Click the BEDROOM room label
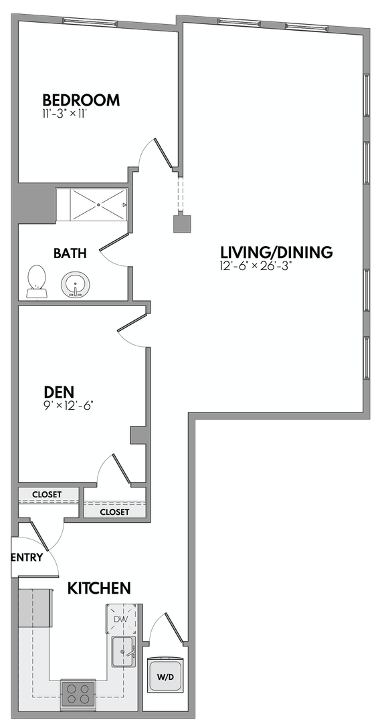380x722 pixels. click(81, 100)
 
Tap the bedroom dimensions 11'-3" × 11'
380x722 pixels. click(64, 114)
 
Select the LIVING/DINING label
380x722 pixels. click(276, 252)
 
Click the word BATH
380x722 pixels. click(70, 253)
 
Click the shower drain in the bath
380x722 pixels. click(98, 205)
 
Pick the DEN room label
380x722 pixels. click(59, 392)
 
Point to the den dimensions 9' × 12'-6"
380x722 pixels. click(70, 406)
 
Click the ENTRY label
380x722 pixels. click(27, 558)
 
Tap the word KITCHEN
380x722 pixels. click(100, 588)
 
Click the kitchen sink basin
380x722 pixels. click(124, 651)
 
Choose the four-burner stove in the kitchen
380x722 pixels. click(78, 693)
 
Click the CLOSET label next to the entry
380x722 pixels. click(47, 495)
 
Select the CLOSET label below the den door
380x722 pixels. click(114, 512)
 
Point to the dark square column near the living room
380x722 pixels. click(183, 223)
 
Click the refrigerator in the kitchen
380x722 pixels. click(34, 608)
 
